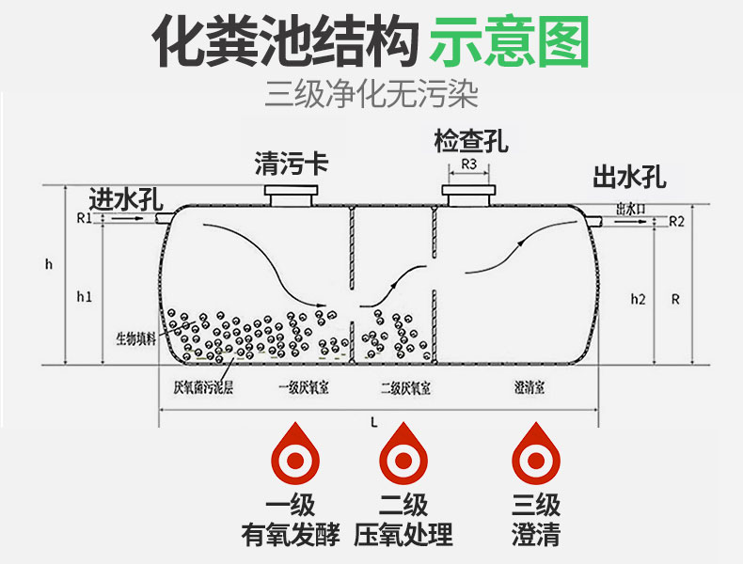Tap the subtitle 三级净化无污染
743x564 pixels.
[x=372, y=94]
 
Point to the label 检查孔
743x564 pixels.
[x=470, y=142]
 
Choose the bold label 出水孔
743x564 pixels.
[x=628, y=178]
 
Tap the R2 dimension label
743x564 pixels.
[x=676, y=222]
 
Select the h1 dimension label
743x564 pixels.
[x=84, y=297]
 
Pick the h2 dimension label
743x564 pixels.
[x=638, y=299]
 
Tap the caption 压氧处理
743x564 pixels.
[x=403, y=534]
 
